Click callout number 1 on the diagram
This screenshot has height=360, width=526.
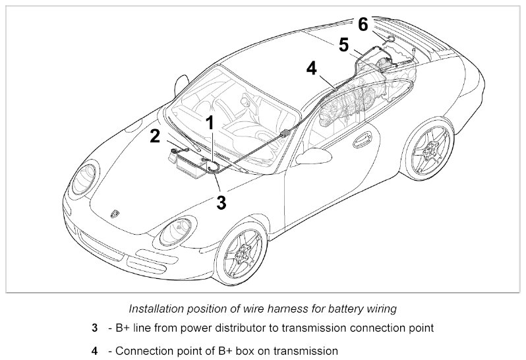[210, 122]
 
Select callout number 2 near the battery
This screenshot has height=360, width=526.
[156, 136]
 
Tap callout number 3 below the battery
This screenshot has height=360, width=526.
[221, 202]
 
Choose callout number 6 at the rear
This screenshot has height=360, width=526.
[363, 25]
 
